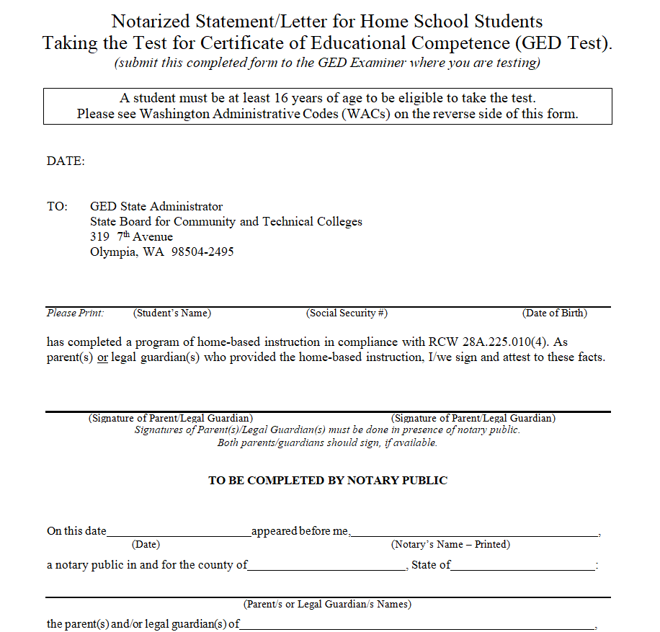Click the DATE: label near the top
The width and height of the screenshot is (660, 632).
(66, 161)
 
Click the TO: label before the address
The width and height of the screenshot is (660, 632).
(57, 207)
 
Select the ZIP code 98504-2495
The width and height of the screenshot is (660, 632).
(202, 252)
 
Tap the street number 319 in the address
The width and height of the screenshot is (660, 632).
(99, 237)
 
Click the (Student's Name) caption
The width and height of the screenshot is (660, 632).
(172, 313)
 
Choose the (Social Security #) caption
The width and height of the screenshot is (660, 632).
(347, 313)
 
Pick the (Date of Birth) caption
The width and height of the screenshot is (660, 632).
(555, 313)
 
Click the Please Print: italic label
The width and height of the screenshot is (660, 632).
(76, 313)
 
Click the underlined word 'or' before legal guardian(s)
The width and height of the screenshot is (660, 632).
(103, 357)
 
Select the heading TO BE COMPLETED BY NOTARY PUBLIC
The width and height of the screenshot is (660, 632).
(328, 481)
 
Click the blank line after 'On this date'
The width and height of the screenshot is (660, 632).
(179, 533)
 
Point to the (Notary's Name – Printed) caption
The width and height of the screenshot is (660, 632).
(450, 545)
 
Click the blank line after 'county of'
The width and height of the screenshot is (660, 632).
(327, 567)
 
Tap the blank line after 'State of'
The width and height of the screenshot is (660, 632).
(523, 567)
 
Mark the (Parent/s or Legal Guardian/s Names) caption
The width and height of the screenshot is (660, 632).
(327, 604)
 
